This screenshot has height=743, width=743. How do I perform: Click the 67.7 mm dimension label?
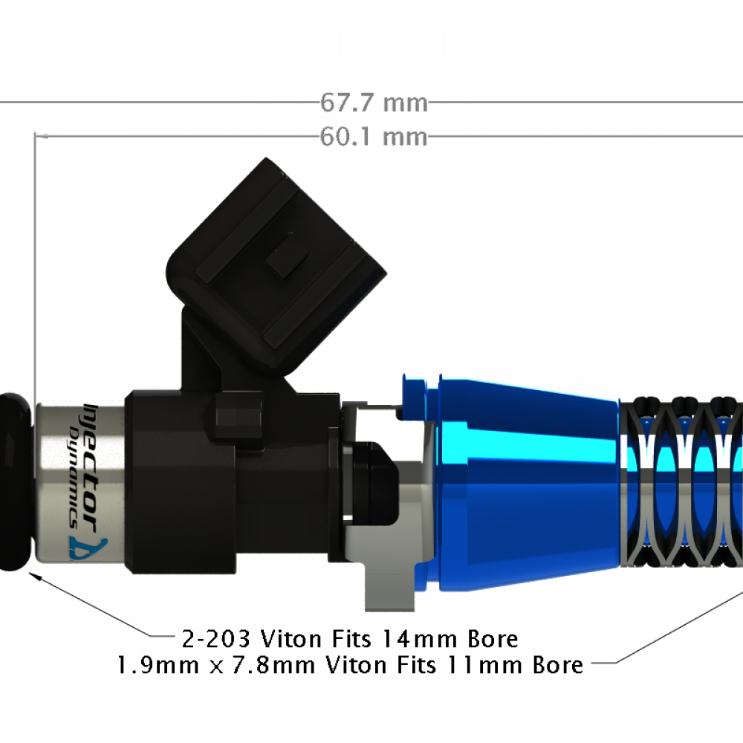click(x=374, y=102)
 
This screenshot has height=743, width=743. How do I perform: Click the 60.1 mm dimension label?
click(x=374, y=137)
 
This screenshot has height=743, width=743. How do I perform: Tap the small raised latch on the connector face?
click(x=286, y=256)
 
